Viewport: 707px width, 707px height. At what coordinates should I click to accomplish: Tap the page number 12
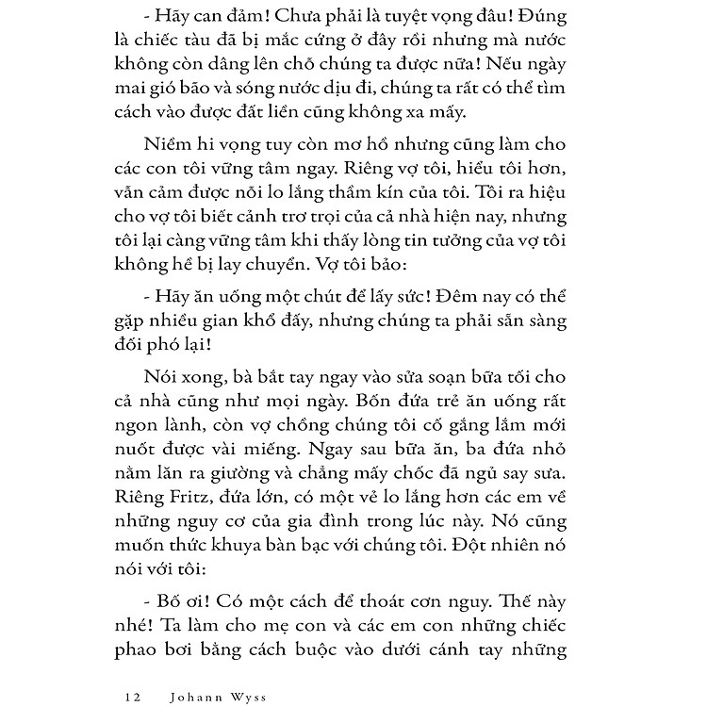tap(131, 672)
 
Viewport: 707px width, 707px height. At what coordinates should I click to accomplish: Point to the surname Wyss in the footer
tap(248, 672)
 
